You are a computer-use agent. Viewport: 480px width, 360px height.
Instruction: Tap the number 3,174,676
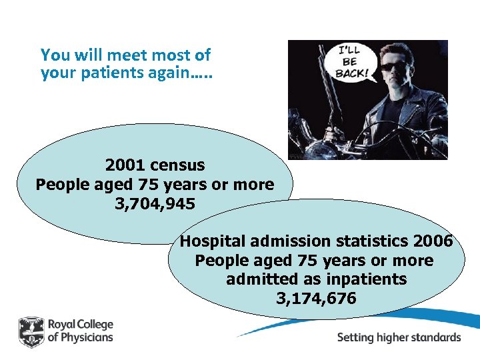(x=316, y=298)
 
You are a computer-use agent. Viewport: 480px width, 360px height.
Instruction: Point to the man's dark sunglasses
(x=393, y=66)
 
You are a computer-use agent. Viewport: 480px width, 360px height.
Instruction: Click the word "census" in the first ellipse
(x=178, y=164)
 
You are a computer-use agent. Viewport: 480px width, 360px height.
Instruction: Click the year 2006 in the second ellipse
(x=433, y=241)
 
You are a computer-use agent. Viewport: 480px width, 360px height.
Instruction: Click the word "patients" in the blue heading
(x=119, y=73)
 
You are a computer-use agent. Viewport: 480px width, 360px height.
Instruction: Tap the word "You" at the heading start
(x=54, y=54)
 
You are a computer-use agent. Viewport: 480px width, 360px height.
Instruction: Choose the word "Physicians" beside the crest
(x=87, y=337)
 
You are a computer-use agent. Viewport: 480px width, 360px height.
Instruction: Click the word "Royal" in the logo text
(x=61, y=324)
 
